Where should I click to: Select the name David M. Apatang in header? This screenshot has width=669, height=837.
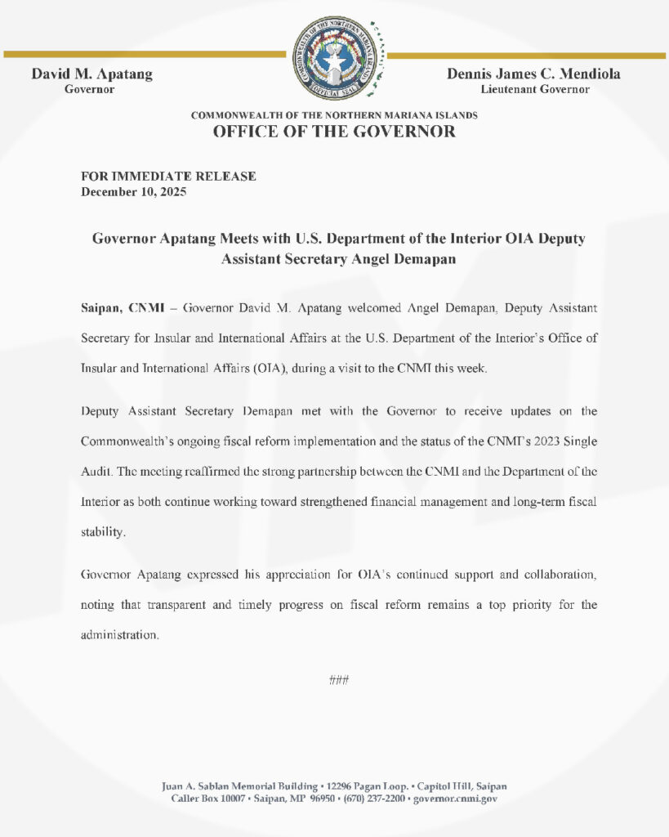[x=91, y=74]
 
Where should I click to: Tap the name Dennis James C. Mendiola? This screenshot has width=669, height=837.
[x=533, y=74]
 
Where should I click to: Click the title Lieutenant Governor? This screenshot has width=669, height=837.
[x=534, y=89]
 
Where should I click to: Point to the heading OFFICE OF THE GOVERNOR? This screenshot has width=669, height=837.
[x=334, y=132]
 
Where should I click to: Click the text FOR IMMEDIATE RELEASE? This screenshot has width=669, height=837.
[x=168, y=176]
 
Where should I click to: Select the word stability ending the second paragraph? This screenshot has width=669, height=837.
[x=104, y=531]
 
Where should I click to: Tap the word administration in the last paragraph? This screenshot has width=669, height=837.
[x=119, y=634]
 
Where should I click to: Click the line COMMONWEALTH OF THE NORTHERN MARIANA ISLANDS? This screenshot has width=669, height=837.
[x=334, y=115]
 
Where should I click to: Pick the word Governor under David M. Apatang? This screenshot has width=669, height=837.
[x=89, y=89]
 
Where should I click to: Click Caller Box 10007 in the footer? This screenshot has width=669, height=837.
[x=206, y=799]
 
